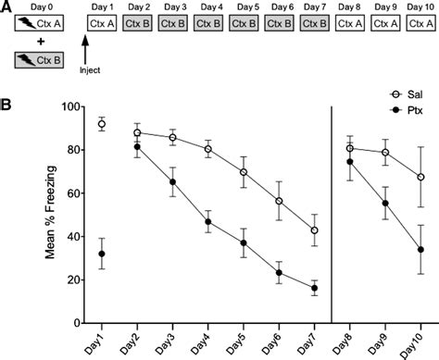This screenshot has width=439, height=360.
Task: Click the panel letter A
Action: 6,6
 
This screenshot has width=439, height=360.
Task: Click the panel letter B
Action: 6,93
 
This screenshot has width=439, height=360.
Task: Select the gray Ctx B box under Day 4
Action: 212,21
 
